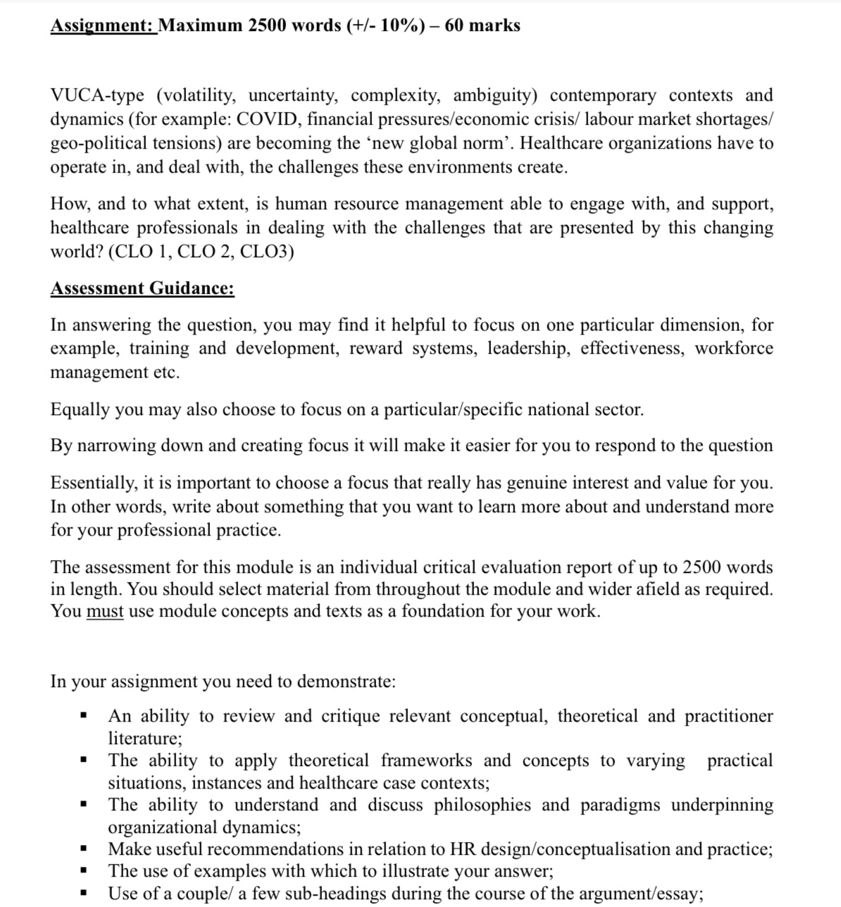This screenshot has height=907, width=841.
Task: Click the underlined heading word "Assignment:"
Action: tap(103, 26)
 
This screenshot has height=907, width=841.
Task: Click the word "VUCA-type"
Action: tap(97, 96)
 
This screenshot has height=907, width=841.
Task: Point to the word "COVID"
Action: tap(266, 120)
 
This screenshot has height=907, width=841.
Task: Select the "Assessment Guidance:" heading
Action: tap(142, 289)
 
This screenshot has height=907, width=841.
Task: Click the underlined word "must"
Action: tap(104, 612)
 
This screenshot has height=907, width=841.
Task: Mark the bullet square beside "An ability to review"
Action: tap(83, 717)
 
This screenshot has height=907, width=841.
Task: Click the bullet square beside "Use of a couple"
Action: tap(83, 894)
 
